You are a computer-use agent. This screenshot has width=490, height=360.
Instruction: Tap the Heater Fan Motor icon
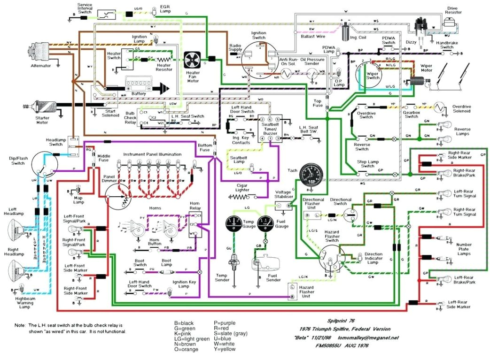pos(192,60)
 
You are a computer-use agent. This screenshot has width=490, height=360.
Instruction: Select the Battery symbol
pos(139,86)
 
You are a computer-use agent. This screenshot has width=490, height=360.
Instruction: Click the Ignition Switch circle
pos(259,60)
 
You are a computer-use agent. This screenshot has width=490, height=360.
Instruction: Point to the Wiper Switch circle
pos(368,72)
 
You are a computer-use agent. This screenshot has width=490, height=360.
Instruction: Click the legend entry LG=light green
pos(192,338)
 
